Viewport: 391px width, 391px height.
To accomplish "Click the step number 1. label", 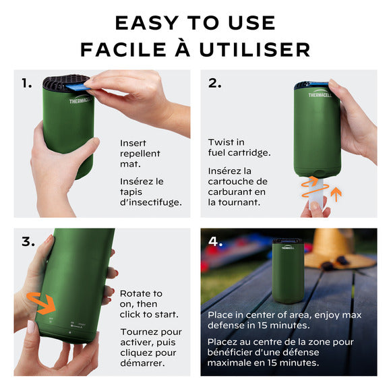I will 26,84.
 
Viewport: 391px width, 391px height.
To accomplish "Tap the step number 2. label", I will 214,84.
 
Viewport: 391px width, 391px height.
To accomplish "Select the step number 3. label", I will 28,241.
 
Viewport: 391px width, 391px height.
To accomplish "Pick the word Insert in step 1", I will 133,143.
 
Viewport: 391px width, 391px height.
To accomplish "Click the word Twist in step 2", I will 220,142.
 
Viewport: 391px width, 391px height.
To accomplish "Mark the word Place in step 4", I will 221,315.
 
